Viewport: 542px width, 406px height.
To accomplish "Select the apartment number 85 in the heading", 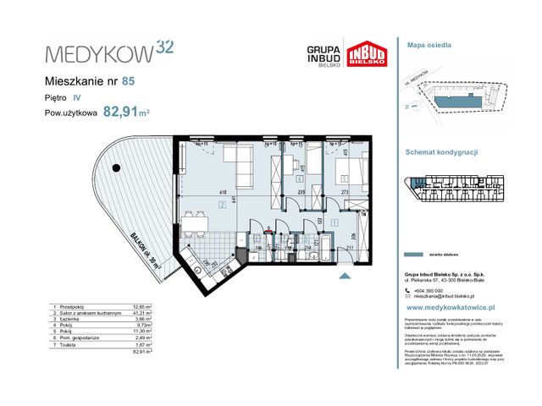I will click(128, 82).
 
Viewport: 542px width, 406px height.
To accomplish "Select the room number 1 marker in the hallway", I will click(336, 223).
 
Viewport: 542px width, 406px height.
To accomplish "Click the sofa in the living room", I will click(236, 157).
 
